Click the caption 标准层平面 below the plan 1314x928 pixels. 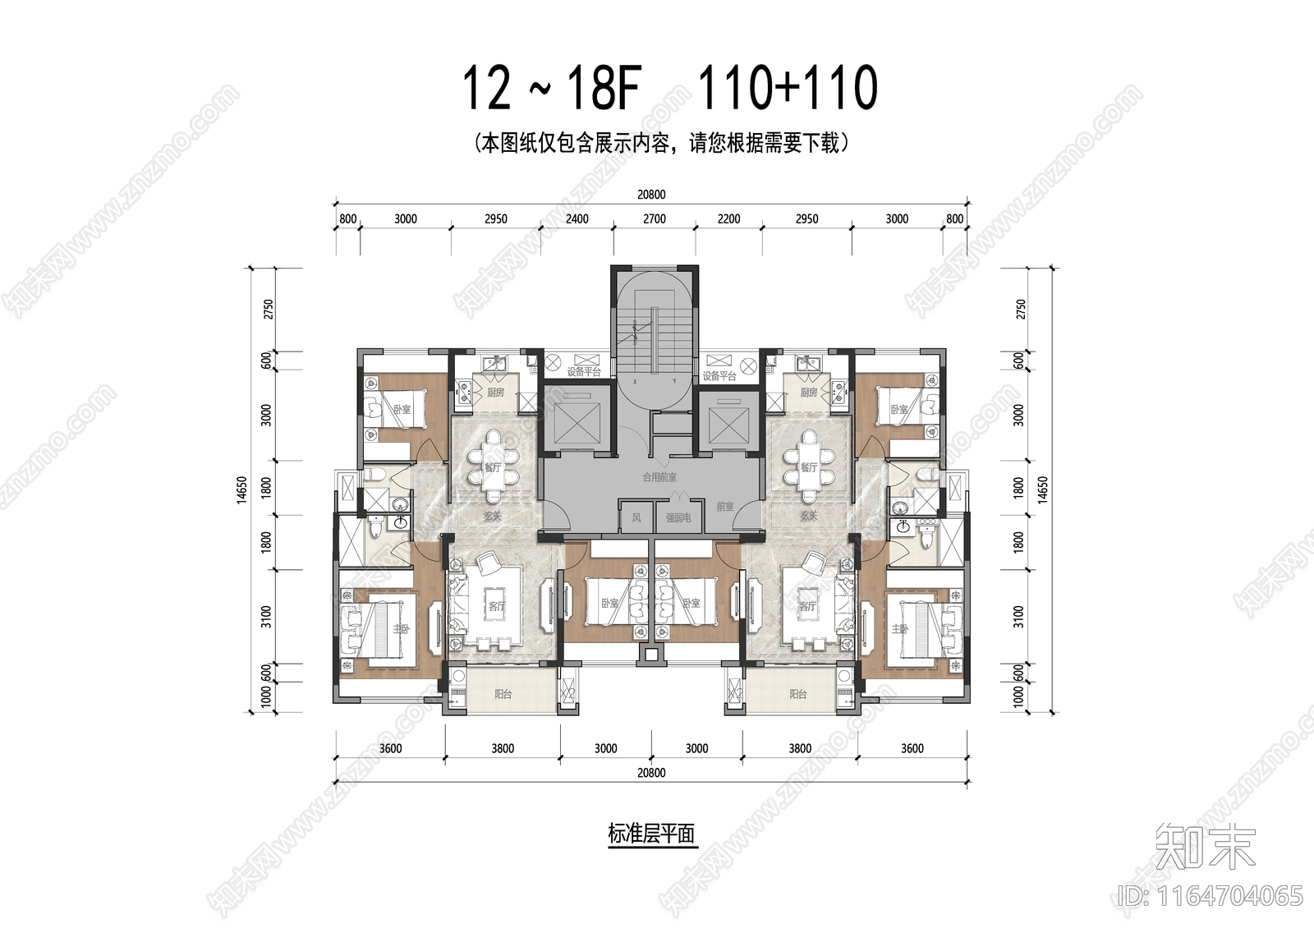pyautogui.click(x=651, y=834)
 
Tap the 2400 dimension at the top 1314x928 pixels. pyautogui.click(x=577, y=219)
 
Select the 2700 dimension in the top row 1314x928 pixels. pyautogui.click(x=655, y=219)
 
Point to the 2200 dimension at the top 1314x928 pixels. pyautogui.click(x=728, y=219)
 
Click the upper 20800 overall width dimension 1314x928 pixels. pyautogui.click(x=650, y=195)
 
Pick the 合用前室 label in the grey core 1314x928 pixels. pyautogui.click(x=659, y=477)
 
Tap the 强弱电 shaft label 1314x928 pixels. pyautogui.click(x=678, y=518)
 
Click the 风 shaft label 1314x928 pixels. pyautogui.click(x=636, y=518)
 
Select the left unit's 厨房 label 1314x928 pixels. pyautogui.click(x=495, y=393)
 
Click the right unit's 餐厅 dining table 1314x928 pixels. pyautogui.click(x=808, y=466)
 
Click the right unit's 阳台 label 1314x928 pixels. pyautogui.click(x=797, y=694)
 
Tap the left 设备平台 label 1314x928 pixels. pyautogui.click(x=583, y=372)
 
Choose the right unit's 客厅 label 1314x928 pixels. pyautogui.click(x=807, y=606)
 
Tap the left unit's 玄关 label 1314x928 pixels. pyautogui.click(x=492, y=517)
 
